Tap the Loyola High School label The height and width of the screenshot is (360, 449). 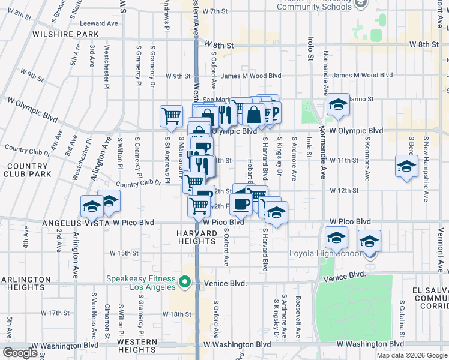[325, 253]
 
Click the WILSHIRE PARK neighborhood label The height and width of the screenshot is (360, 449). [50, 34]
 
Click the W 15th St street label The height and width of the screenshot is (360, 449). [127, 253]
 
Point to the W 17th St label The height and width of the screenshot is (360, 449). [59, 313]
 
